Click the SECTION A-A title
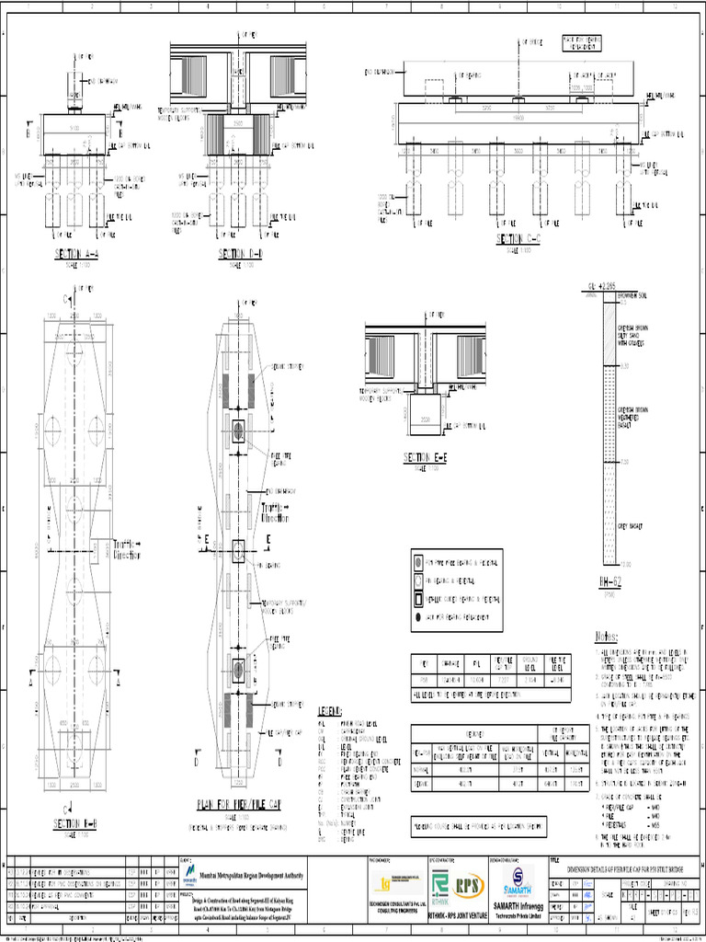point(76,253)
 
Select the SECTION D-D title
point(241,253)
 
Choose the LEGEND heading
point(330,711)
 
